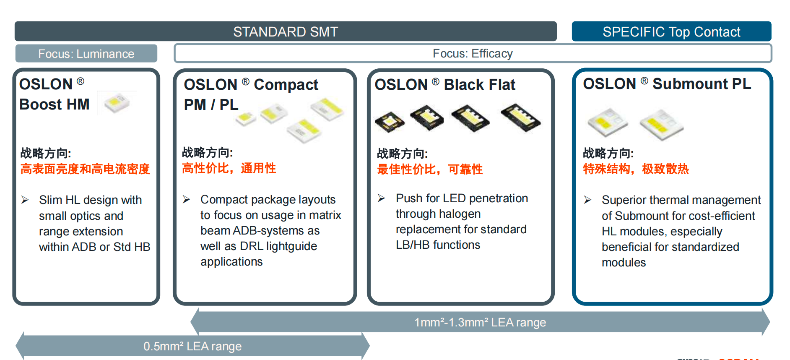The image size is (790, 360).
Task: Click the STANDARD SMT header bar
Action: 286,31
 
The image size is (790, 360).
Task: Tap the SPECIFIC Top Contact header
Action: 671,31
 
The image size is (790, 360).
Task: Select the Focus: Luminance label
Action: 86,54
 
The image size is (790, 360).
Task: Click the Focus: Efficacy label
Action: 473,53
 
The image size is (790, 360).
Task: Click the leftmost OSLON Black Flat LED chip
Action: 390,122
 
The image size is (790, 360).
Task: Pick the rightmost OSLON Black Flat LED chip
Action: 520,117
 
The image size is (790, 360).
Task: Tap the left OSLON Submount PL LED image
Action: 608,123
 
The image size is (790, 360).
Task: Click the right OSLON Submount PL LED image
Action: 661,125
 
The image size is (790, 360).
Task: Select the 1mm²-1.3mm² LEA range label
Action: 480,322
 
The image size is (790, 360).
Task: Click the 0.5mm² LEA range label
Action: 192,346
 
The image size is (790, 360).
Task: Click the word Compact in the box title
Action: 286,85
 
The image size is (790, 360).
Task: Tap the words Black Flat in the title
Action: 479,84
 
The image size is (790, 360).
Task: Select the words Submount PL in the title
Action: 702,83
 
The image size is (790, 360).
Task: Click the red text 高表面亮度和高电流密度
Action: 85,169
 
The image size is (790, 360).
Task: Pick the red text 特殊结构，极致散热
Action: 636,169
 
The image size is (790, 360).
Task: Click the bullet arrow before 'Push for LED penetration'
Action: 381,198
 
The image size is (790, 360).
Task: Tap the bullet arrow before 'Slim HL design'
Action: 25,200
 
